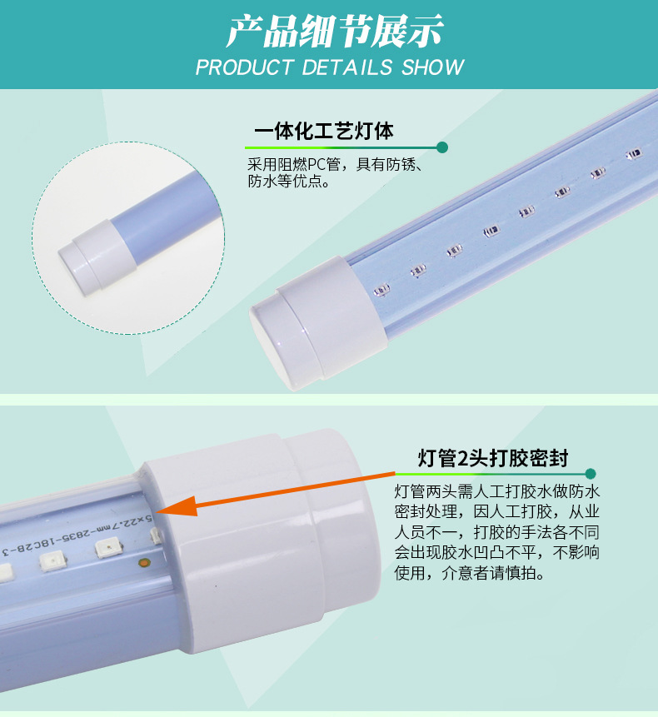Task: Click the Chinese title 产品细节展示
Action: [x=334, y=31]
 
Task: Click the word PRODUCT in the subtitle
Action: [x=245, y=67]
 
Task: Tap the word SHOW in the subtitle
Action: [x=432, y=67]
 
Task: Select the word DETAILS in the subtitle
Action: [x=347, y=67]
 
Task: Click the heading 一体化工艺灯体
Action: [x=324, y=132]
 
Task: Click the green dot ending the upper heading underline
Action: [x=442, y=147]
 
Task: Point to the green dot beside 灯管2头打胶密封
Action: [x=591, y=473]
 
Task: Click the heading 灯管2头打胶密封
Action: [x=493, y=458]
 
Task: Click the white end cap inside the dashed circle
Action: [x=97, y=257]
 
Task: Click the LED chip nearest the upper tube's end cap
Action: [x=381, y=290]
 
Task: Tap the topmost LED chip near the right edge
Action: [x=634, y=153]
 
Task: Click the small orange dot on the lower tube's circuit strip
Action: [x=144, y=563]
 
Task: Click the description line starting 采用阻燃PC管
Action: [x=335, y=164]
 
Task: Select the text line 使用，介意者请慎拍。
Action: [x=470, y=572]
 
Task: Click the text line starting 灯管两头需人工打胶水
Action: [x=497, y=491]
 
